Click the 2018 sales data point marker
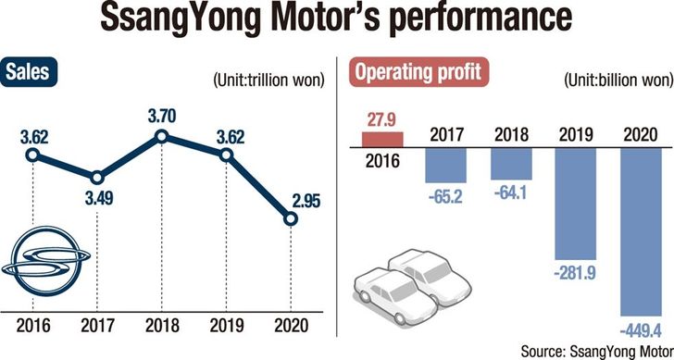click(x=162, y=137)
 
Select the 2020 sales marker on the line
click(x=291, y=219)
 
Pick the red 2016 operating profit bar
click(x=382, y=140)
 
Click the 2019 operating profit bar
click(x=576, y=204)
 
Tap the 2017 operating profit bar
click(x=445, y=165)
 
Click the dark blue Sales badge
click(x=29, y=72)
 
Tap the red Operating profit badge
click(x=418, y=72)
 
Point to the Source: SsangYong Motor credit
click(x=597, y=351)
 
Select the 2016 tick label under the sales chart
click(x=33, y=325)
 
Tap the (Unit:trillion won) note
click(x=268, y=81)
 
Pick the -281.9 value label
click(x=576, y=274)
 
